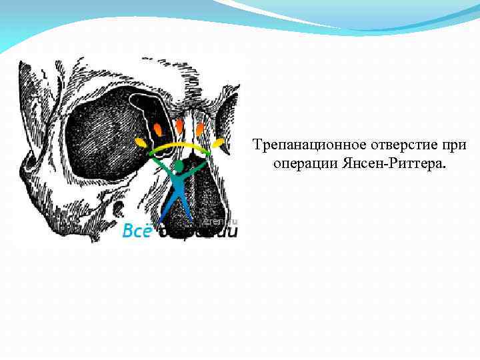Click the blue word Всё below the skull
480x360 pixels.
coord(136,231)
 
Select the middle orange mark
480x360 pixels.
coord(179,126)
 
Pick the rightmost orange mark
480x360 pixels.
coord(199,128)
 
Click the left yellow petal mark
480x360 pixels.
coord(141,143)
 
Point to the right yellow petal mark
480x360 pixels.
coord(217,143)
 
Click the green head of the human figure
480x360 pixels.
coord(179,165)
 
